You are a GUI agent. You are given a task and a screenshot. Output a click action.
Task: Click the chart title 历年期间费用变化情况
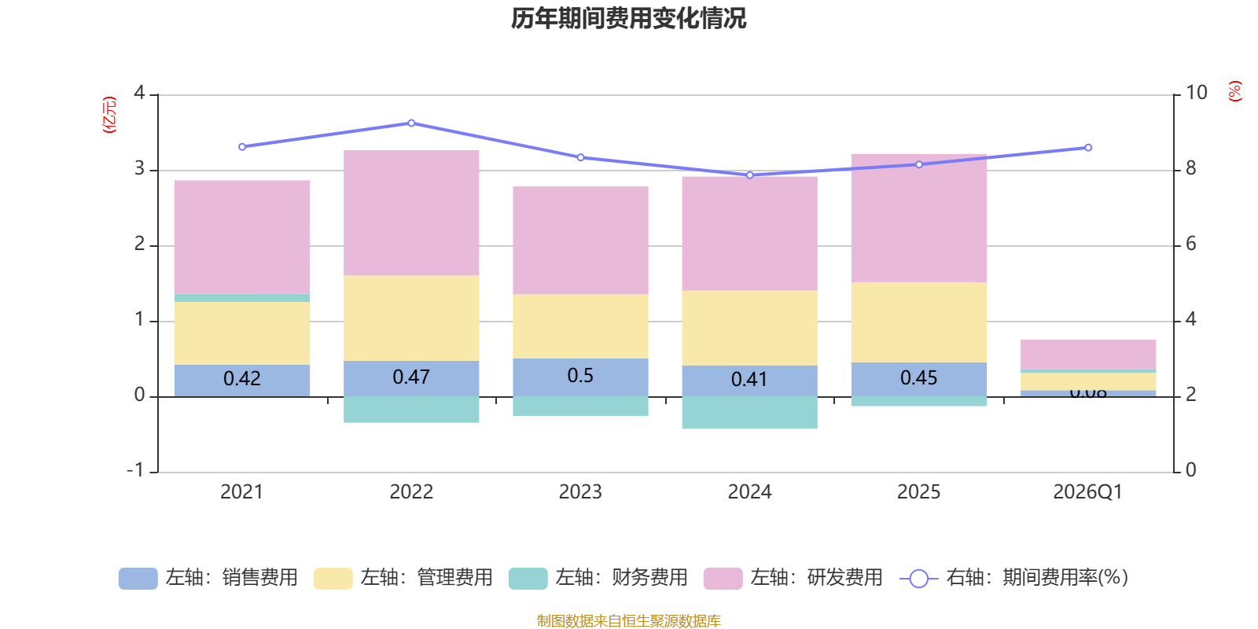(x=628, y=18)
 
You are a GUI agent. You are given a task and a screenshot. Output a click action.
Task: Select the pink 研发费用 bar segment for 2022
(x=411, y=212)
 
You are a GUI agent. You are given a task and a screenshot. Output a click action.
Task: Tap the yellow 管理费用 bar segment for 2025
(x=918, y=322)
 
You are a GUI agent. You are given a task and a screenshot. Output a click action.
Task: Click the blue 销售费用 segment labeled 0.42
(x=241, y=380)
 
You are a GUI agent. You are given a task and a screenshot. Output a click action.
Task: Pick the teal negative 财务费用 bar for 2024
(x=749, y=413)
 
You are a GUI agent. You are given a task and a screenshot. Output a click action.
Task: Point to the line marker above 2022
(x=411, y=123)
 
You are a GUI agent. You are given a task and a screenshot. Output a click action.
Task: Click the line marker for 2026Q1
(x=1088, y=148)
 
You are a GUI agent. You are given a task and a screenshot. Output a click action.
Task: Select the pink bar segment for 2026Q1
(x=1088, y=354)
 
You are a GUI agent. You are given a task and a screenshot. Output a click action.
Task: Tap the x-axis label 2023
(x=580, y=492)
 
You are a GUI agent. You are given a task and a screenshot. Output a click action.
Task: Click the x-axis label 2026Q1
(x=1087, y=492)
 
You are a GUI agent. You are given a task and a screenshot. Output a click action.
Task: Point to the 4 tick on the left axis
(x=139, y=93)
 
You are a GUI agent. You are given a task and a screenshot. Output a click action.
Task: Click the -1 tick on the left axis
(x=136, y=470)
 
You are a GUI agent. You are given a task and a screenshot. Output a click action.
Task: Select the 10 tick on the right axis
(x=1196, y=93)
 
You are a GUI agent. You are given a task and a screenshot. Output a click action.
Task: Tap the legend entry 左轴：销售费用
(x=208, y=578)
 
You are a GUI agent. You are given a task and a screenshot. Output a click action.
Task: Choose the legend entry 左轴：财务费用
(x=598, y=578)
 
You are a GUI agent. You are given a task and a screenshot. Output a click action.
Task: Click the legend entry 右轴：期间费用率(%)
(x=1014, y=578)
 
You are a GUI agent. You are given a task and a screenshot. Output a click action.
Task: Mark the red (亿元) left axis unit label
(x=109, y=115)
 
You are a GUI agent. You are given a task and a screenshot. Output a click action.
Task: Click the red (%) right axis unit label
(x=1234, y=91)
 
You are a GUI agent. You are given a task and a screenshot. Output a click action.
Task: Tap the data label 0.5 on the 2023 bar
(x=580, y=376)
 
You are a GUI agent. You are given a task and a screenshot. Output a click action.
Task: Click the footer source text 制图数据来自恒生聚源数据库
(x=628, y=621)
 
